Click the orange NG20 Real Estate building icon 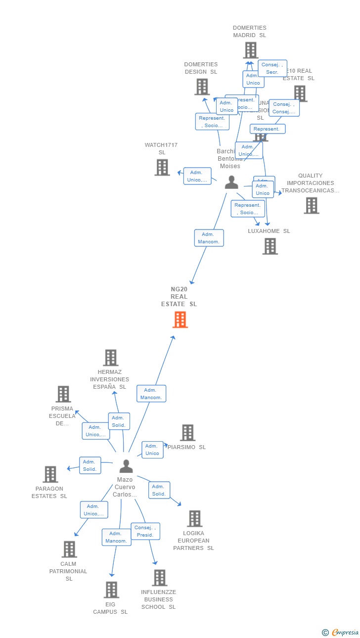coord(180,319)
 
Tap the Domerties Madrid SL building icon coord(251,50)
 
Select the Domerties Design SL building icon coord(202,87)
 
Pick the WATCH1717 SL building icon coord(162,168)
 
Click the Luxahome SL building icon coord(270,246)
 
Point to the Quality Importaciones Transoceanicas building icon coord(312,205)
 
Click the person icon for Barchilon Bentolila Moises coord(231,182)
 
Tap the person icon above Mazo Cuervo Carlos coord(126,466)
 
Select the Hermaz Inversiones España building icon coord(110,358)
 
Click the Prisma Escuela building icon coord(63,394)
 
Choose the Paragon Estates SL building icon coord(50,474)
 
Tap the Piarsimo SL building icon coord(187,433)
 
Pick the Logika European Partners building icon coord(195,519)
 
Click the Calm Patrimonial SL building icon coord(69,549)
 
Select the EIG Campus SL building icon coord(111,590)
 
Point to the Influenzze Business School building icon coord(159,578)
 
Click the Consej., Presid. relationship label coord(145,531)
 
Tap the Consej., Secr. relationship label coord(272,68)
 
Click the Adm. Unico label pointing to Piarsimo coord(152,450)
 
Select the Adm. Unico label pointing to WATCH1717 coord(197,176)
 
